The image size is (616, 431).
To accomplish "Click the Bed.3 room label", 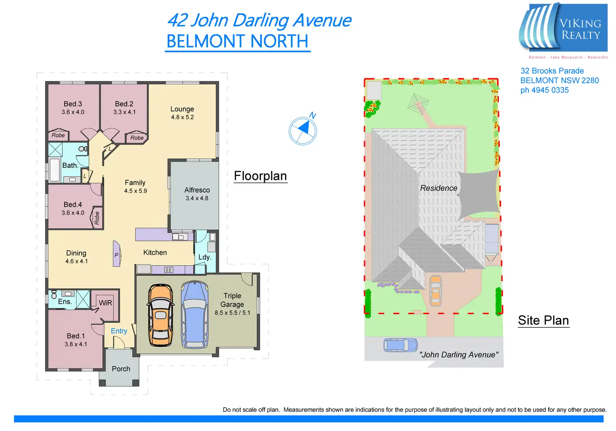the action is pos(73,104).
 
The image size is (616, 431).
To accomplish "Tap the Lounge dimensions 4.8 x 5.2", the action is pos(182,117).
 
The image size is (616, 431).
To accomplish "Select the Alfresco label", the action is pos(197,190).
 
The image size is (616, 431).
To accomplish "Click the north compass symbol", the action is pos(303,131).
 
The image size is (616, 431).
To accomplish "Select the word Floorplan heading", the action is pos(260,176).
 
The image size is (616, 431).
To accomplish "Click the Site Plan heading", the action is pos(543,320).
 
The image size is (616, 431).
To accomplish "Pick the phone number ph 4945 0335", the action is pos(544,90).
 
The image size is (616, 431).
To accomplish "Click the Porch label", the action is pos(121,369).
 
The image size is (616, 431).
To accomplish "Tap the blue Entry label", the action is pos(119,331).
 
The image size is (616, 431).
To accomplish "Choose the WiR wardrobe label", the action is pos(105,303).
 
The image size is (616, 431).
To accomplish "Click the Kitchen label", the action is pos(155,253).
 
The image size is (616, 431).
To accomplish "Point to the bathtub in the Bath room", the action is pos(54,170).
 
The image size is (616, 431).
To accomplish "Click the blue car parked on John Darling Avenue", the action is pos(400,345).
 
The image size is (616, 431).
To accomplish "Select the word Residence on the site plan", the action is pos(439,188).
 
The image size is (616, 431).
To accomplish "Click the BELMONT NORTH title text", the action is pos(237,41).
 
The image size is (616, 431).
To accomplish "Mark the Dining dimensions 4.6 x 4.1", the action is pos(77,261).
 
